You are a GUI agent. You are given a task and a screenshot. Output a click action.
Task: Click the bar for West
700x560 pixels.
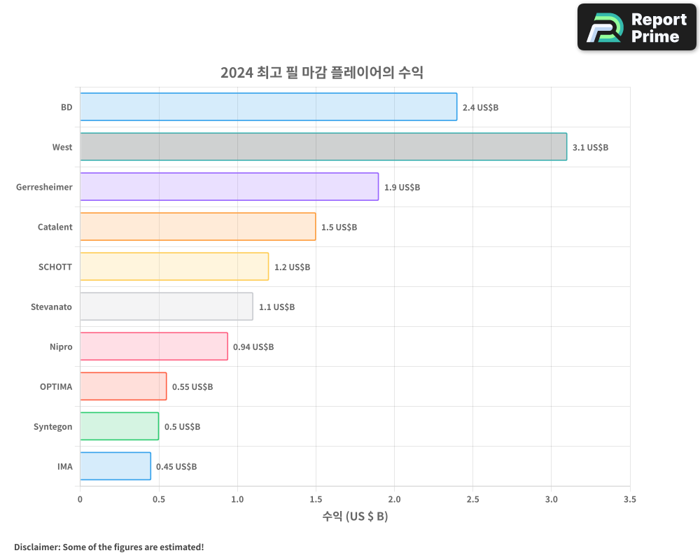(x=323, y=147)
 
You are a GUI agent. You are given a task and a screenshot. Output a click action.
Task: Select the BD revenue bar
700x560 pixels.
(x=268, y=107)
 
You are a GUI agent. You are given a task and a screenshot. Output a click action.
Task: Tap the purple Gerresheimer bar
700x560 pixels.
(x=229, y=187)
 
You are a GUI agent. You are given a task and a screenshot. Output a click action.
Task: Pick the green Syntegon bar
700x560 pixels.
(x=119, y=426)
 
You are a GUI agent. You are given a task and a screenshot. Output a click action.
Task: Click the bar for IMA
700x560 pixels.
(x=115, y=466)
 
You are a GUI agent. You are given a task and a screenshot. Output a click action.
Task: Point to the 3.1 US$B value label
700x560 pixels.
(x=590, y=148)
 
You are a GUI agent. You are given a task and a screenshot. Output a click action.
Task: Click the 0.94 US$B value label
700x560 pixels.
(x=253, y=347)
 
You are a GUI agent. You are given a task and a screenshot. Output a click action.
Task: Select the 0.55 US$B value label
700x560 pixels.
(x=192, y=387)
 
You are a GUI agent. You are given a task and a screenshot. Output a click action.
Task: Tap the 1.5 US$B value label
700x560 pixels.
(x=339, y=227)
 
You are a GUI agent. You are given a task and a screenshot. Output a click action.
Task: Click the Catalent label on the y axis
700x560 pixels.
(x=55, y=227)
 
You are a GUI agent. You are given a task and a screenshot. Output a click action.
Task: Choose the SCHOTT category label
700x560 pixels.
(x=55, y=267)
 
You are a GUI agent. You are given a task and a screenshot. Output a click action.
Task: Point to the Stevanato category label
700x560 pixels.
(x=51, y=307)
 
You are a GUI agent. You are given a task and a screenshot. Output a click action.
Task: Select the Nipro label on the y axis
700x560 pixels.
(x=61, y=346)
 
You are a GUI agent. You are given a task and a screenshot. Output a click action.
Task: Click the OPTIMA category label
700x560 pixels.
(x=56, y=386)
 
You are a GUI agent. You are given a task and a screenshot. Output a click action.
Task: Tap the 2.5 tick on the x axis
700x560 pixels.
(x=472, y=500)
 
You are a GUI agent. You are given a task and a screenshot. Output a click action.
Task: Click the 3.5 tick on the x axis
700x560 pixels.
(x=630, y=500)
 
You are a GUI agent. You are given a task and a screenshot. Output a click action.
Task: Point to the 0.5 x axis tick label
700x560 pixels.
(x=159, y=500)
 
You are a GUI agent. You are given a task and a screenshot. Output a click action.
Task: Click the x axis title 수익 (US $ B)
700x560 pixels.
(x=355, y=517)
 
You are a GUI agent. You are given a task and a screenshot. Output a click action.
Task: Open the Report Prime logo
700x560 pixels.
(x=636, y=27)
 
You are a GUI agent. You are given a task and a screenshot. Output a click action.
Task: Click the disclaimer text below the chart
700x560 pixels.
(x=108, y=547)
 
